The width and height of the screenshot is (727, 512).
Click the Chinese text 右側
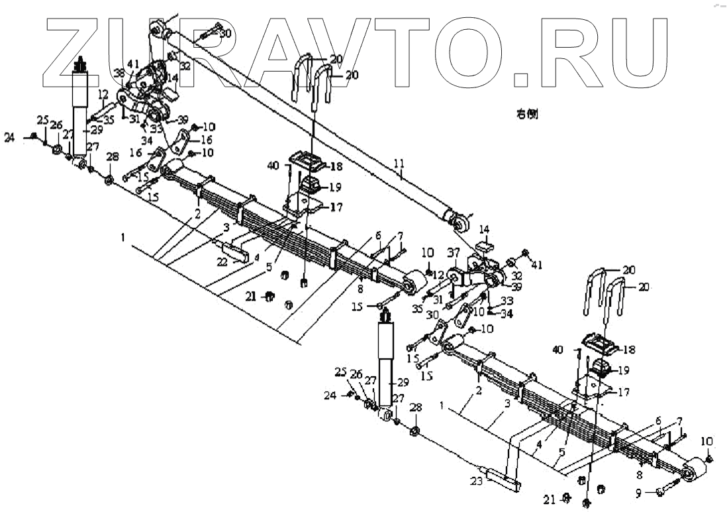click(527, 114)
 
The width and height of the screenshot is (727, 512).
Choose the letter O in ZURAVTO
click(474, 50)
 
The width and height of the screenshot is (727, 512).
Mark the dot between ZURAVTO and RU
click(522, 79)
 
